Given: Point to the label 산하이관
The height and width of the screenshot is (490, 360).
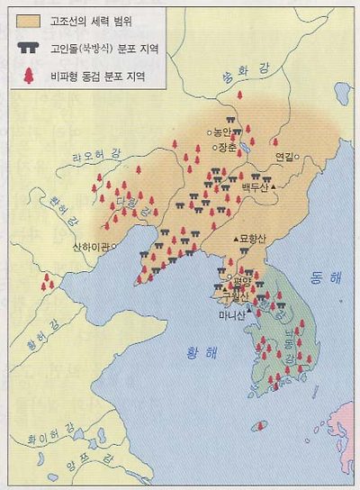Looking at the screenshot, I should click(90, 246).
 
